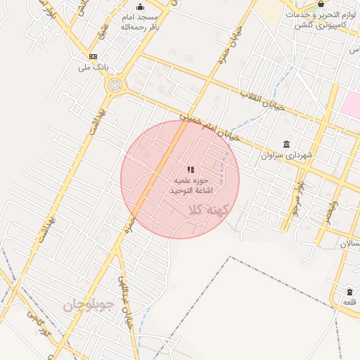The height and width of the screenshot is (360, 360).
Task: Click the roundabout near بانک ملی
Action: coord(114,85)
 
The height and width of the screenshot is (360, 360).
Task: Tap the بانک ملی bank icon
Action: coord(93,57)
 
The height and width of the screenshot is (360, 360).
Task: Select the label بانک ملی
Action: coord(92,68)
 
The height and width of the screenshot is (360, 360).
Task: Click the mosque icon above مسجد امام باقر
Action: coord(140,7)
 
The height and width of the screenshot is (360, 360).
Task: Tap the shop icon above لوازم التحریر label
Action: coord(321,4)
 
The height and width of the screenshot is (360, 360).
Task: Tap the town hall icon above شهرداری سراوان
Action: coord(285,143)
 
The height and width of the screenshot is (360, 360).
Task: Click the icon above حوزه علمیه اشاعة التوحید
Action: coord(191,169)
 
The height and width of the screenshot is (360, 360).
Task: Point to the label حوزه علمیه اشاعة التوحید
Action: coord(191,186)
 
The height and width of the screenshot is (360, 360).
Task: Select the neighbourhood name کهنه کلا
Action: coord(208,210)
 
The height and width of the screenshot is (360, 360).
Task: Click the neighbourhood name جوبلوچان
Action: coord(88,304)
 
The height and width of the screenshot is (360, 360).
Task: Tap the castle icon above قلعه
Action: coord(349,291)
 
